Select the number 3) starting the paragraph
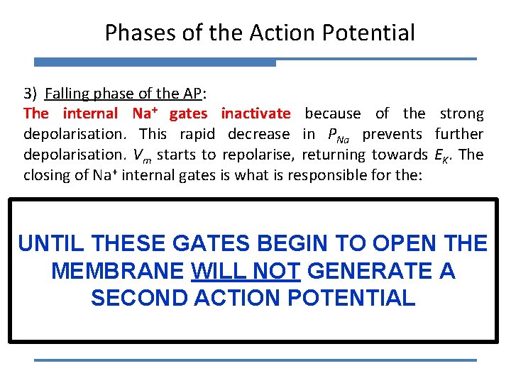point(31,94)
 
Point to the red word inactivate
point(255,113)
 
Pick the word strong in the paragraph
point(461,113)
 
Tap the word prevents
point(392,134)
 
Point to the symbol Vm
point(178,155)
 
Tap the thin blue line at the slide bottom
point(255,360)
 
